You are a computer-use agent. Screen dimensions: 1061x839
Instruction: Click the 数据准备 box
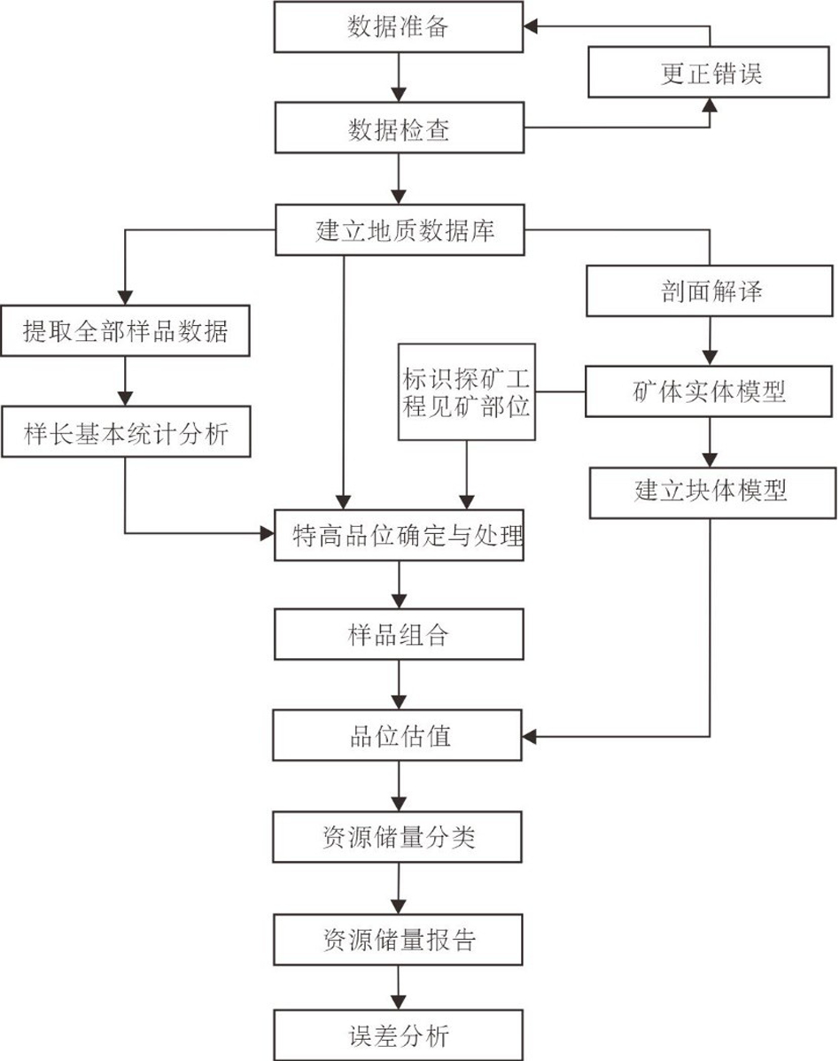pos(398,27)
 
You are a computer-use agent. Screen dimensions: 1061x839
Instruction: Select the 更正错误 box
pos(711,74)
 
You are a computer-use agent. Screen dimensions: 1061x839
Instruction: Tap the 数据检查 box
pos(398,129)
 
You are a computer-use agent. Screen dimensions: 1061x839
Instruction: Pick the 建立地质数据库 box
pos(398,230)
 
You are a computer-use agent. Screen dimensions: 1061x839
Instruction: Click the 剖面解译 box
pos(711,292)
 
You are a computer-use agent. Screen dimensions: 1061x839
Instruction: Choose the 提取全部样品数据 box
pos(125,332)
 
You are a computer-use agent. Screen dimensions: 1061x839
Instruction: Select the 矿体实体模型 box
pos(711,391)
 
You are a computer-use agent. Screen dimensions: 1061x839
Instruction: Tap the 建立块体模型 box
pos(711,492)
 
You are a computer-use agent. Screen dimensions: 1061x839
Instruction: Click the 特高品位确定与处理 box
pos(398,535)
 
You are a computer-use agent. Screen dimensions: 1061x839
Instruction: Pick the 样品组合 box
pos(398,635)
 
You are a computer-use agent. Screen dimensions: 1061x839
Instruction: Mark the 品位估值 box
pos(398,735)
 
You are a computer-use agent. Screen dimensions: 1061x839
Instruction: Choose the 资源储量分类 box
pos(398,836)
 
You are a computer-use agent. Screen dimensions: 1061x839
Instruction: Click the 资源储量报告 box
pos(398,938)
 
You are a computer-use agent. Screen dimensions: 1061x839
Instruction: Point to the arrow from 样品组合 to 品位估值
pos(398,685)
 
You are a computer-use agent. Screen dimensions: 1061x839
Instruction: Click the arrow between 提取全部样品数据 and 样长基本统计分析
pos(125,383)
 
